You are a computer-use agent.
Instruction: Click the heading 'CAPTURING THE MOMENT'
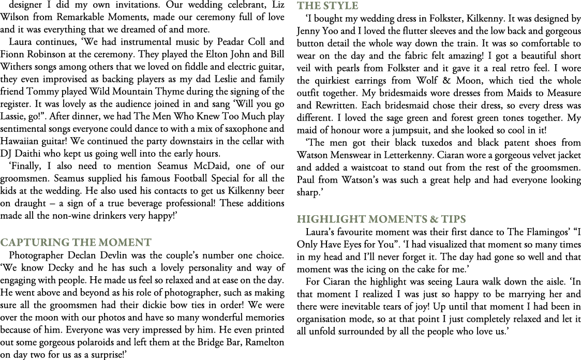tap(77, 242)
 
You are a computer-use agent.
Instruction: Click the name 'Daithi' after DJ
tap(29, 154)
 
